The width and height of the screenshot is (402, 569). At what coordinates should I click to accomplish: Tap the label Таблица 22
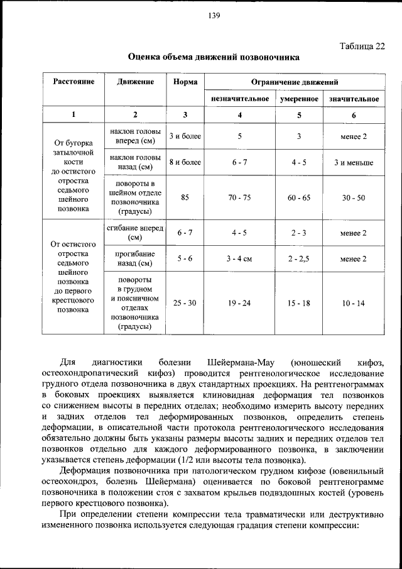click(363, 46)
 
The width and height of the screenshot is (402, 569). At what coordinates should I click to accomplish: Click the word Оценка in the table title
click(144, 57)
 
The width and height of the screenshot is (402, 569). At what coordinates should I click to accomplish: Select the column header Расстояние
click(73, 82)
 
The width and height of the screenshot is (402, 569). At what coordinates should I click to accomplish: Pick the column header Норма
click(185, 82)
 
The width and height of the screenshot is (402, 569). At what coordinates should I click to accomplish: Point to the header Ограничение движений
click(295, 82)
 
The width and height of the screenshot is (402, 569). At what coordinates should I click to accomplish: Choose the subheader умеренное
click(299, 99)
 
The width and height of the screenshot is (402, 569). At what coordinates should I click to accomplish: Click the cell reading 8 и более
click(185, 162)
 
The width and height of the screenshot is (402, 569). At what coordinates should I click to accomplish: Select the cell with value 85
click(185, 197)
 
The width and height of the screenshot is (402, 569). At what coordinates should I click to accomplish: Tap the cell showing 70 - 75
click(239, 197)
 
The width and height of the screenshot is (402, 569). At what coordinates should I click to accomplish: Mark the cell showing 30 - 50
click(353, 197)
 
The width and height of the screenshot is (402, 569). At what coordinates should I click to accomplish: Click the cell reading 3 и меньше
click(353, 162)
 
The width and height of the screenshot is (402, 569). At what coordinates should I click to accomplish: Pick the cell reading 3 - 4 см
click(239, 258)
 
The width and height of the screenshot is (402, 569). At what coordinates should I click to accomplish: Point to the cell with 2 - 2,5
click(299, 258)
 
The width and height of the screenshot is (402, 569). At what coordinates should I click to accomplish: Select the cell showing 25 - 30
click(185, 303)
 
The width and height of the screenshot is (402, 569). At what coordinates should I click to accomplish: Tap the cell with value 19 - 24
click(239, 303)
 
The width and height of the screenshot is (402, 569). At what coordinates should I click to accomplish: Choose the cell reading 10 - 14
click(353, 303)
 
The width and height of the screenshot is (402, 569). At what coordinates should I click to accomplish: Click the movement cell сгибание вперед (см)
click(134, 233)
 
